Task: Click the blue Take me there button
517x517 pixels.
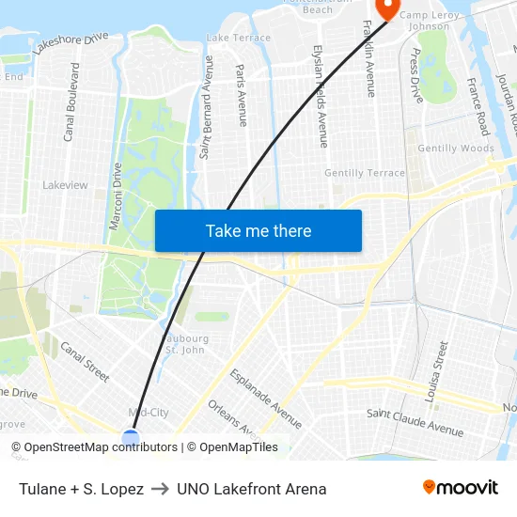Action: [x=258, y=230]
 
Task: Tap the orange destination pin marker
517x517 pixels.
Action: [x=387, y=8]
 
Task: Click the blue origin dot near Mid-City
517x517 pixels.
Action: [x=131, y=436]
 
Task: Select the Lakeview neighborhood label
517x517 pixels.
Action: [x=65, y=185]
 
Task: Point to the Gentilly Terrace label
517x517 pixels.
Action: [x=365, y=173]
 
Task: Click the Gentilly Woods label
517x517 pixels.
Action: [x=456, y=149]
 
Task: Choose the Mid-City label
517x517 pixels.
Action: [x=148, y=412]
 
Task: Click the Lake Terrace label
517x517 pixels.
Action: [x=238, y=39]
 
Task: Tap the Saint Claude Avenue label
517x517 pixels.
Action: [x=415, y=422]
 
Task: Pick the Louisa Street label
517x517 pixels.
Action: [x=434, y=372]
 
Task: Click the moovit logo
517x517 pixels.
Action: [x=460, y=488]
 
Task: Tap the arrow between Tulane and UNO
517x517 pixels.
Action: [x=160, y=489]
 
